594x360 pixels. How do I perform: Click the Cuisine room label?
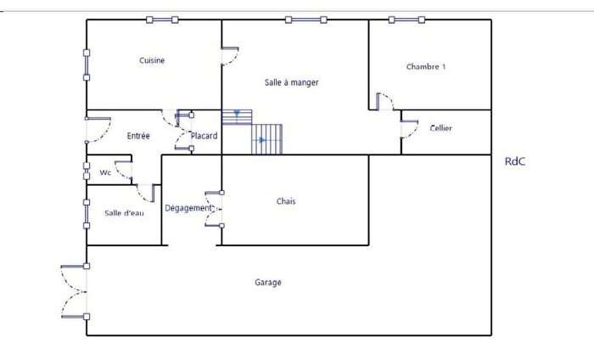(152, 60)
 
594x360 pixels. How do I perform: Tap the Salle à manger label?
(291, 82)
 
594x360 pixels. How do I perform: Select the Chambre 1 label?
(426, 67)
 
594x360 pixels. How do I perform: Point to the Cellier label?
(441, 128)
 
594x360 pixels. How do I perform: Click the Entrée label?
(138, 136)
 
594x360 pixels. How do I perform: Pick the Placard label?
(205, 136)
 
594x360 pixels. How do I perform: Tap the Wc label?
(105, 173)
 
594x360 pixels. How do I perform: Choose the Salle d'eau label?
(124, 213)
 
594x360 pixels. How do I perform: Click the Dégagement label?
(188, 208)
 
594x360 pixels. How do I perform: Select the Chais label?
(286, 201)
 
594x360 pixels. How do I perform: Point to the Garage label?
(268, 283)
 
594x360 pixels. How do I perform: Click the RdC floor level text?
(515, 161)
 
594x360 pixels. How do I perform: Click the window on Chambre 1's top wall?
(406, 20)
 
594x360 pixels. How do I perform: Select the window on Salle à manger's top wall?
(306, 20)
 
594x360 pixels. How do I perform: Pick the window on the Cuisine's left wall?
(87, 65)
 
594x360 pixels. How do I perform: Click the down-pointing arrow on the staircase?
(237, 113)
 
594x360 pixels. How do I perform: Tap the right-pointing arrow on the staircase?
(262, 140)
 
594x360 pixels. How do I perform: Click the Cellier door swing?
(410, 130)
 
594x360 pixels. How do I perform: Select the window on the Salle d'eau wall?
(87, 214)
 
